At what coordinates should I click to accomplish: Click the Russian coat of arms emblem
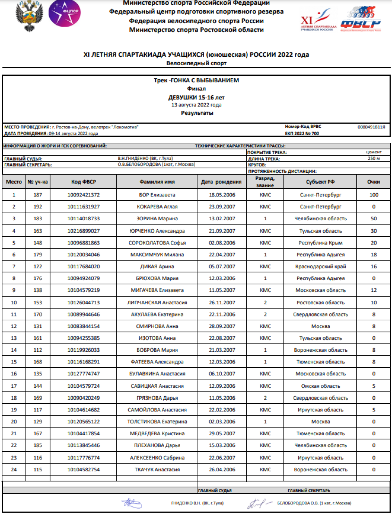coord(29,15)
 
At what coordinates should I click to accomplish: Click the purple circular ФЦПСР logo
coord(65,14)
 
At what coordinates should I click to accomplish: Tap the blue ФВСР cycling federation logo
coord(361,20)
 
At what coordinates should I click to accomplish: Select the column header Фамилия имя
coord(157,182)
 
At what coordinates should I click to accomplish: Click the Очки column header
coord(373,182)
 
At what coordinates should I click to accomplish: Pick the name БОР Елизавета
coord(157,195)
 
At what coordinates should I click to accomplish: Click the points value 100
coord(373,195)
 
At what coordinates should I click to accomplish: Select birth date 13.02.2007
coord(222,219)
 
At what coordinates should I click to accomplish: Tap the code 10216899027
coord(83,231)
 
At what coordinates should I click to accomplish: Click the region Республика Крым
coord(320,243)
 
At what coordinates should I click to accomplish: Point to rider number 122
coord(37,266)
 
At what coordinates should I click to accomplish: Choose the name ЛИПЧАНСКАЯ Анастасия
coord(157,303)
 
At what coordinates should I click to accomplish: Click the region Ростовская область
coord(320,303)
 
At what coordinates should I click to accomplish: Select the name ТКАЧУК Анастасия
coord(157,470)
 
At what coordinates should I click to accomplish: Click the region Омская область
coord(320,386)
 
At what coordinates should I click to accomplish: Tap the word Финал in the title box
coord(196,89)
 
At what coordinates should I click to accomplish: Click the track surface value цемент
coord(373,152)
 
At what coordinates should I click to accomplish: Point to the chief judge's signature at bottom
coord(131,503)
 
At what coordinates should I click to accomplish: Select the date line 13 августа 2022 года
coord(196,105)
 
